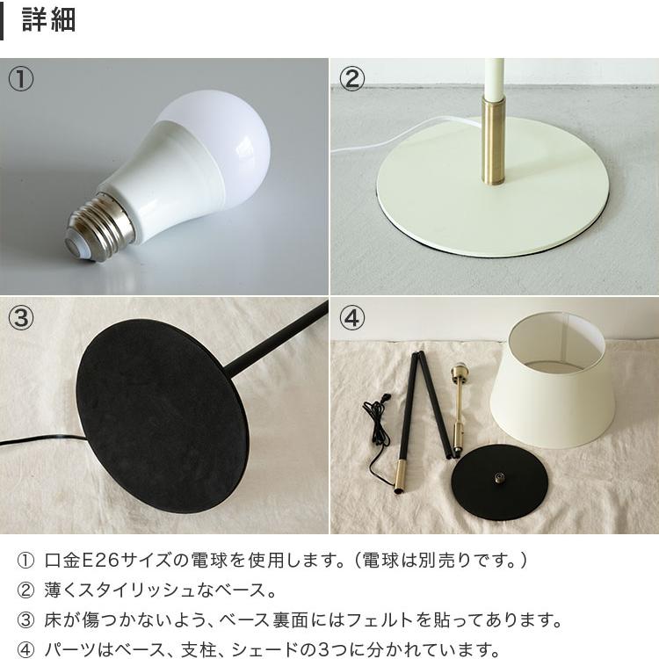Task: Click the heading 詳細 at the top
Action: (x=48, y=20)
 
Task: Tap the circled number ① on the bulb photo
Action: (x=21, y=79)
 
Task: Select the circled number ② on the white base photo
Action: (x=351, y=79)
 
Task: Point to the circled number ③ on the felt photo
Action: (x=21, y=318)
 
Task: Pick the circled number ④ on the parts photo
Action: (x=351, y=318)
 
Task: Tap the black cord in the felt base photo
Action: (x=35, y=438)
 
